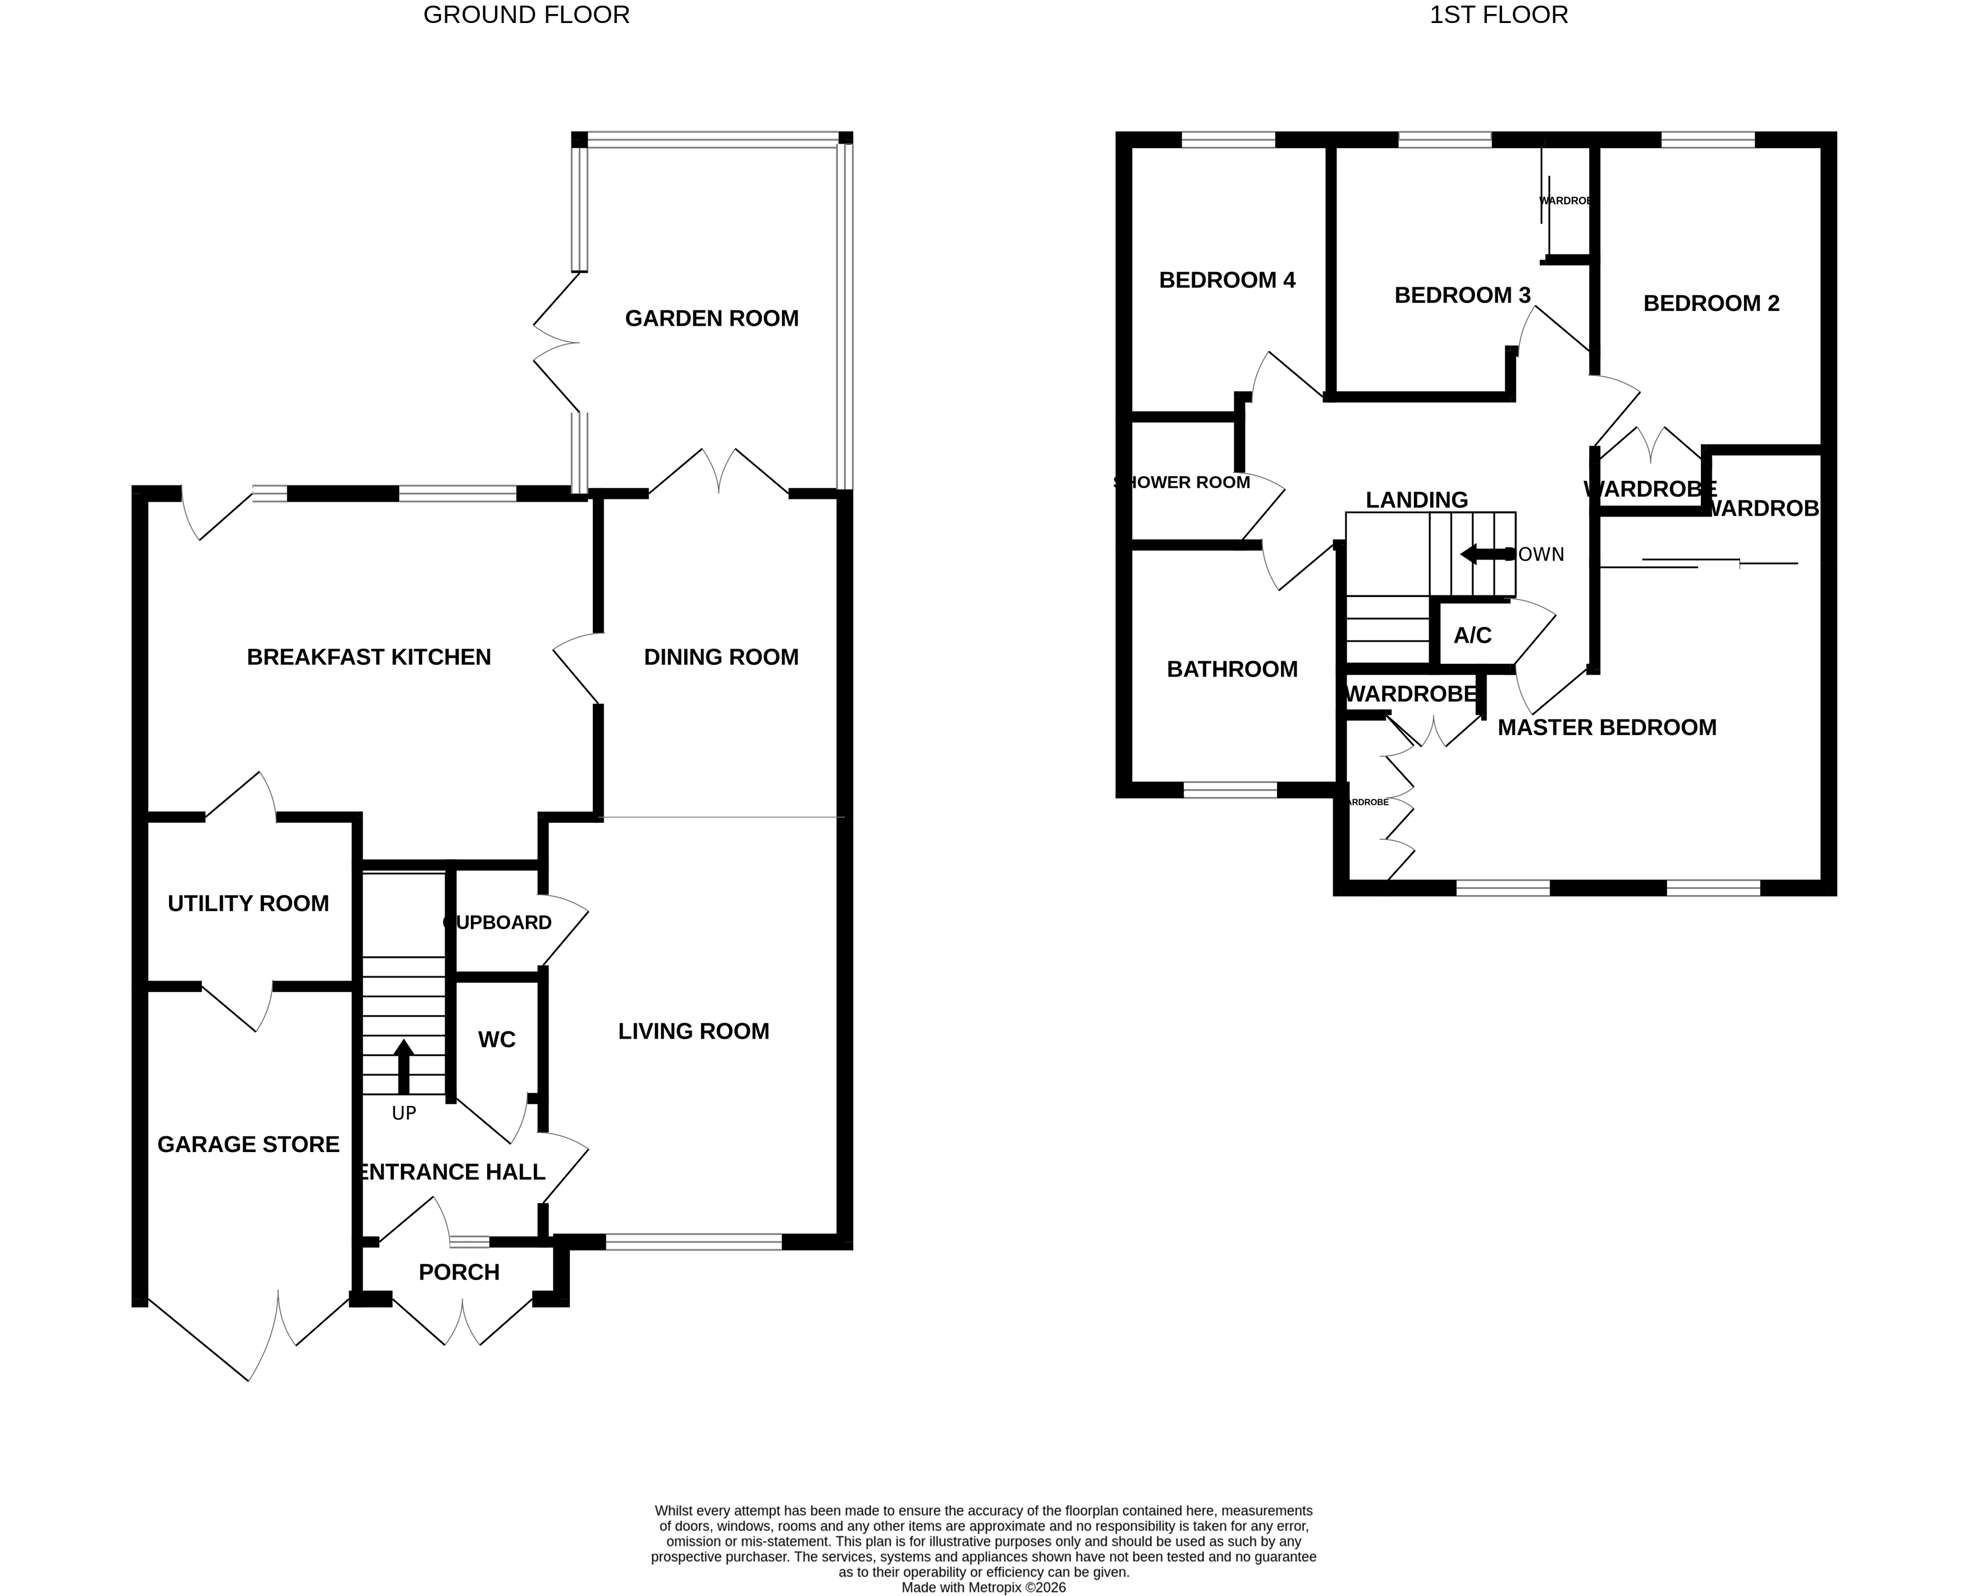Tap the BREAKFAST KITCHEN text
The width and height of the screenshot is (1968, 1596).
(369, 657)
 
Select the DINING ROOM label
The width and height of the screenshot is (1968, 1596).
(721, 657)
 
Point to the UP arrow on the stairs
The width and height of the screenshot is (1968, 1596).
(403, 1066)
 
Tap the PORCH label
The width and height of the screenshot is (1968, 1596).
(459, 1272)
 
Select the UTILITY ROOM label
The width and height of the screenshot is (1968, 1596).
(248, 904)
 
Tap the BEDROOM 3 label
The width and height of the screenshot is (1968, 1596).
(1462, 295)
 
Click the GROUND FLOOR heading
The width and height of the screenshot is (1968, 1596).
(526, 15)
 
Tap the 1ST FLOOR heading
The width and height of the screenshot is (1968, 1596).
(1499, 15)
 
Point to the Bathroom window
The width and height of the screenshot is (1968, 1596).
(1229, 790)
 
